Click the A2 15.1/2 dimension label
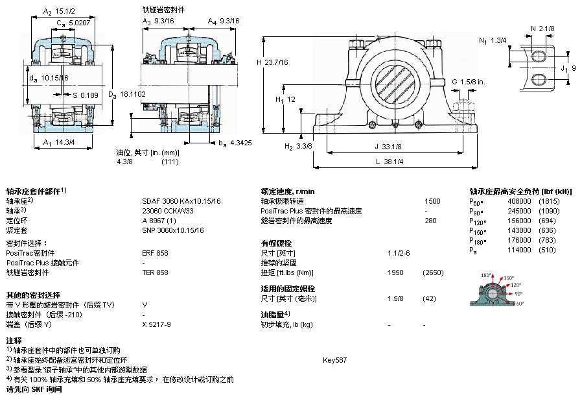click(x=59, y=12)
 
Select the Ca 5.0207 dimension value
click(x=73, y=23)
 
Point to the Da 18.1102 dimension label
click(x=127, y=95)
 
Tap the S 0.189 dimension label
click(x=86, y=95)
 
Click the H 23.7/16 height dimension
click(x=272, y=62)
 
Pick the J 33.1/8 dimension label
click(x=388, y=147)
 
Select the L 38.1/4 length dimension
click(x=390, y=162)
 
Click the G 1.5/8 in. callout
click(x=469, y=82)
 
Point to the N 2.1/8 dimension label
click(x=542, y=29)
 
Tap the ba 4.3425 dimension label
click(x=235, y=143)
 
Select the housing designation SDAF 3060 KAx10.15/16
click(x=181, y=201)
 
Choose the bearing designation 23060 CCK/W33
click(x=167, y=211)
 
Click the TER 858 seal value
click(x=155, y=272)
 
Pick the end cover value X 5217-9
click(x=156, y=324)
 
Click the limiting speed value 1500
click(x=432, y=201)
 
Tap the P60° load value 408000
click(x=519, y=201)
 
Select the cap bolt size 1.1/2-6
click(x=399, y=254)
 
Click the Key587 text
click(x=335, y=360)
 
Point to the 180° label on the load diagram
click(x=486, y=275)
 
